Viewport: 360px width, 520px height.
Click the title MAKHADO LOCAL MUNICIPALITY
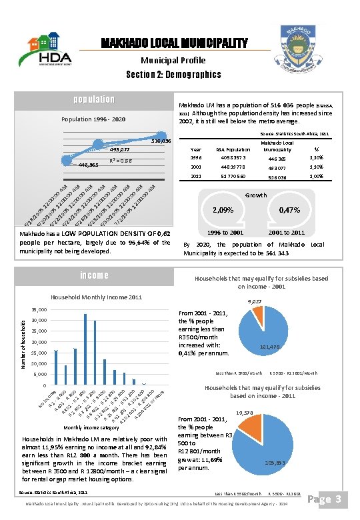174,44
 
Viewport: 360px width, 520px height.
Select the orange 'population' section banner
94,100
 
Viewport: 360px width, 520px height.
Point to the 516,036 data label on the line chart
161,141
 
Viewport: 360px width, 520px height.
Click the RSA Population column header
233,150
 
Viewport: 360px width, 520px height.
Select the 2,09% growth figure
222,210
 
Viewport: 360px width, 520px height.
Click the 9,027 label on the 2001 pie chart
255,302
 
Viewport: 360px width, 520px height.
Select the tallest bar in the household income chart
85,348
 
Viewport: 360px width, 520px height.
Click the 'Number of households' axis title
21,343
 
